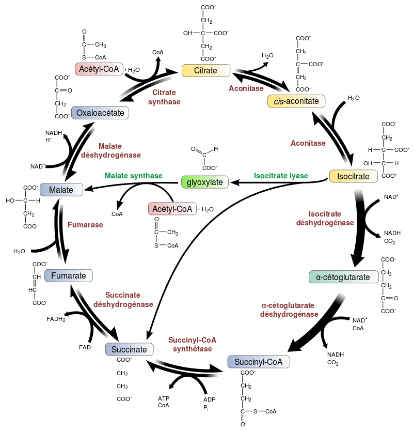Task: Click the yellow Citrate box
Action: [205, 71]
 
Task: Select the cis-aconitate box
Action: [296, 101]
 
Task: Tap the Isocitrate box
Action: [353, 177]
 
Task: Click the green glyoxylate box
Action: [204, 182]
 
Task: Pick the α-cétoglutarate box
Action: [343, 277]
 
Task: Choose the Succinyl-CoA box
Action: [258, 362]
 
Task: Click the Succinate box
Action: [129, 350]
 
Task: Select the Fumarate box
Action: [68, 276]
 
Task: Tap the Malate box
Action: [61, 190]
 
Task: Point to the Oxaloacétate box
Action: [100, 113]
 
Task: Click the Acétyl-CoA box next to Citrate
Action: [99, 69]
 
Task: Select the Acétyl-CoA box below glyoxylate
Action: [172, 209]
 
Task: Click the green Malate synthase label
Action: [133, 176]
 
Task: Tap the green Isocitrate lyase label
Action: [281, 176]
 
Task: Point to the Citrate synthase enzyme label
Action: [164, 97]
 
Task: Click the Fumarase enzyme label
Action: [86, 225]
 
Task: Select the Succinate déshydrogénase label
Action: [123, 300]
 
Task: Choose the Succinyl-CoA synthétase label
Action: [192, 344]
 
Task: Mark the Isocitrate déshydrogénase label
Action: [325, 218]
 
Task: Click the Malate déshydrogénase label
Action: [110, 150]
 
